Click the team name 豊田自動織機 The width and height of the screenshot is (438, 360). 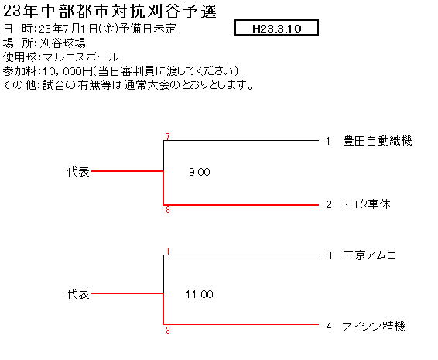coord(378,141)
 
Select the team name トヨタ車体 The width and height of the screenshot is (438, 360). coord(365,204)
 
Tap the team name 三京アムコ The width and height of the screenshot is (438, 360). coord(370,255)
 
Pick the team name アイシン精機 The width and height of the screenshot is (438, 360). coord(374,327)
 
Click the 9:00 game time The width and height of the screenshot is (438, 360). coord(200,172)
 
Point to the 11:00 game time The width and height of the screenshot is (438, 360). coord(200,294)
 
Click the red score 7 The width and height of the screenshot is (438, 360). coord(168,137)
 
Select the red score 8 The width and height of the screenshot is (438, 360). coord(168,210)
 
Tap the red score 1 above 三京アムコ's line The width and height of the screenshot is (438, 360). coord(168,252)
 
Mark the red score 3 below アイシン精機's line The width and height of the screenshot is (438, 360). coord(168,331)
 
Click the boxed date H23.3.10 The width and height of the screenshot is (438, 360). coord(276,28)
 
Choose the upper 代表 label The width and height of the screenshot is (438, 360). coord(78,171)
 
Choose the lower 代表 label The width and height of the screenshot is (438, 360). coord(78,294)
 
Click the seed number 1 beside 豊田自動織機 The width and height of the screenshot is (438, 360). coord(328,141)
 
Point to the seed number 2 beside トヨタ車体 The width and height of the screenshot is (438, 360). coord(329,204)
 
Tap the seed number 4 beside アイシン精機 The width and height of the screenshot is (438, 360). coord(329,327)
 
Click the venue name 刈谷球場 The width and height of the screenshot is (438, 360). coord(63,43)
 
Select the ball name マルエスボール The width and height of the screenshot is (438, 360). coord(81,57)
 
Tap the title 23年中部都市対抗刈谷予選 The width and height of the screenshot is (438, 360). coord(110,12)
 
